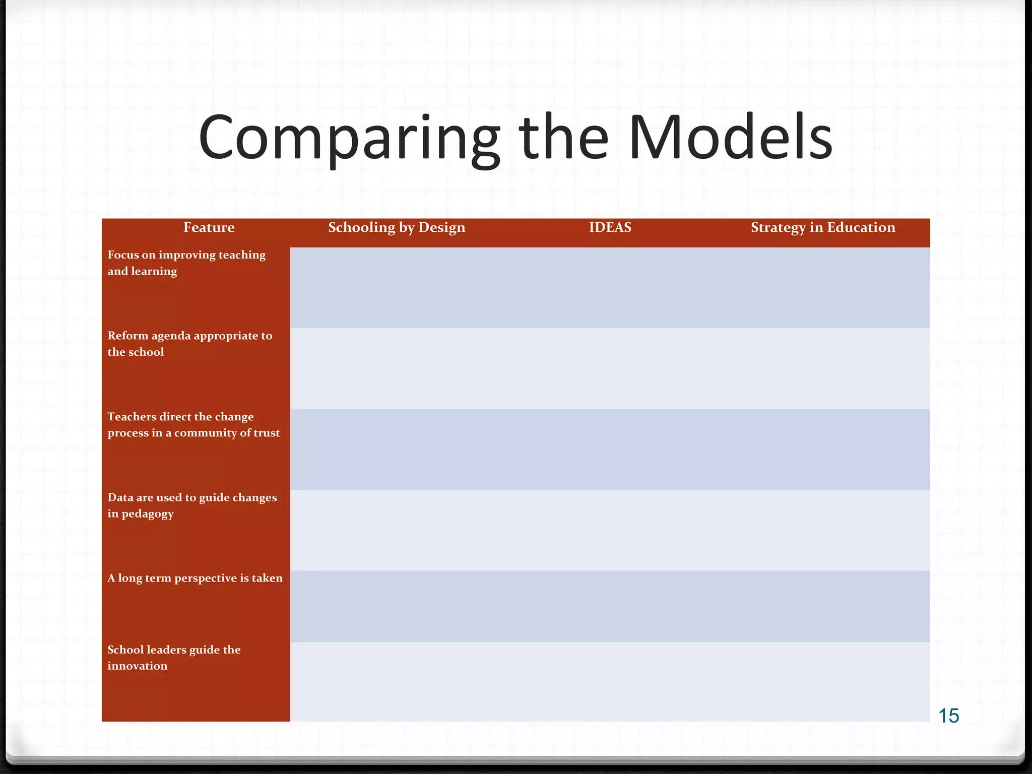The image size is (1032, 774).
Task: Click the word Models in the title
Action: point(730,138)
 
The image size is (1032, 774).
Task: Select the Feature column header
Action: point(209,228)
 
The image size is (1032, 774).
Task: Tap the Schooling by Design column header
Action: point(397,228)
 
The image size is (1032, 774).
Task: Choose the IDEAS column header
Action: point(610,228)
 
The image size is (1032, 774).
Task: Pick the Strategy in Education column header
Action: point(823,228)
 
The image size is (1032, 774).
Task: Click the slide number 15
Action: point(948,716)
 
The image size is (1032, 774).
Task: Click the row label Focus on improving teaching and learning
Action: point(186,263)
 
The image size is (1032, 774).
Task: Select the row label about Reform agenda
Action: point(189,344)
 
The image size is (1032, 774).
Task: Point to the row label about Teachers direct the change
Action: point(193,425)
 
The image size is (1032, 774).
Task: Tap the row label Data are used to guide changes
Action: point(191,505)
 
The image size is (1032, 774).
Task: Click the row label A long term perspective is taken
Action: point(195,578)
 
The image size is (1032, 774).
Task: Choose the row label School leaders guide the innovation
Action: point(173,658)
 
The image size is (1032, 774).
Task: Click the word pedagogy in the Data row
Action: point(147,514)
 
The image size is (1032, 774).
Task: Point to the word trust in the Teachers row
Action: point(267,433)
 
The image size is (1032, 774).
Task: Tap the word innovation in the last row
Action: point(137,666)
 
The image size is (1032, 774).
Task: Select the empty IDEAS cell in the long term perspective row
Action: point(610,606)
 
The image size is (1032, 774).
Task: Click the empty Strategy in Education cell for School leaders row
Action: point(823,681)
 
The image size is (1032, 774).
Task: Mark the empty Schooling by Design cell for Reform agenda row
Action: point(397,368)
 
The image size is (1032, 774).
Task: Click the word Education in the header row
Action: point(861,228)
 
